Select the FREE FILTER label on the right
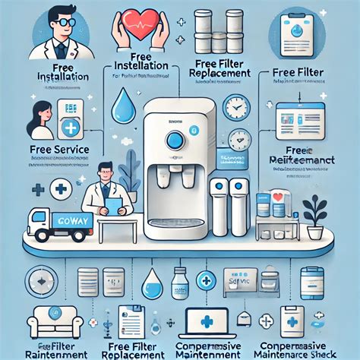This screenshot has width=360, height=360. click(296, 72)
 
